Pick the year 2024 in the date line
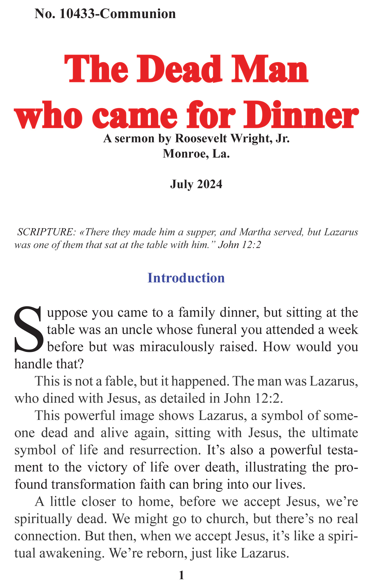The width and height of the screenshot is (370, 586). coord(209,184)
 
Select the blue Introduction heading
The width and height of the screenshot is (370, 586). coord(186,278)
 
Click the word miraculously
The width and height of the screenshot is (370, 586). coord(177,347)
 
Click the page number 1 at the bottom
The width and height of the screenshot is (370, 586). coord(181,575)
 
